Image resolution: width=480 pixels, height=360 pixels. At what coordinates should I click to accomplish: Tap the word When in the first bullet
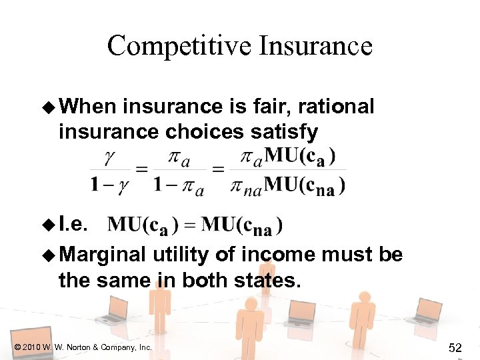pos(89,107)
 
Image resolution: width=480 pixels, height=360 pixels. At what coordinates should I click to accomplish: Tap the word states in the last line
pos(265,280)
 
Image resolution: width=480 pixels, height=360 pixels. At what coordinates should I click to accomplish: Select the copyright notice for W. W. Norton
pos(81,347)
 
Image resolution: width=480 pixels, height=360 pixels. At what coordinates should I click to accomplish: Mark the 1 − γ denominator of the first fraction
pos(108,185)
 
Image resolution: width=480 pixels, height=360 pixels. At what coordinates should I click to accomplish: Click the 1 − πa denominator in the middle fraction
pos(178,185)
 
